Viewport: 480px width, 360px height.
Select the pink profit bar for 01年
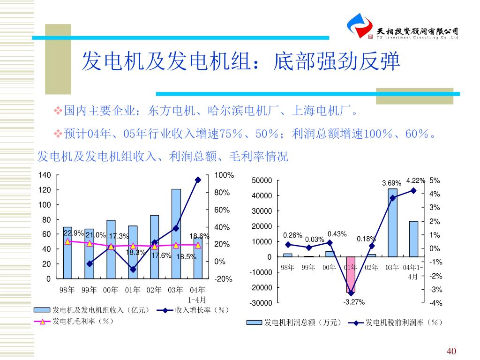tap(351, 274)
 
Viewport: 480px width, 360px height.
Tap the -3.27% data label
tap(354, 302)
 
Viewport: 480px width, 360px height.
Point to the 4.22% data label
tap(415, 180)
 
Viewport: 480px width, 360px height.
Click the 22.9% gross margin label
tap(74, 233)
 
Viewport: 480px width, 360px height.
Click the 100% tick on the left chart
tap(224, 175)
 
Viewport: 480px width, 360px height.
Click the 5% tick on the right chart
tap(435, 180)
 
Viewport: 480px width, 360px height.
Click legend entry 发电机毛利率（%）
tap(82, 321)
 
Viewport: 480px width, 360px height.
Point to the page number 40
tap(451, 352)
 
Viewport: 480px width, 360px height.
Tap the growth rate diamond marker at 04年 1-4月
tap(198, 180)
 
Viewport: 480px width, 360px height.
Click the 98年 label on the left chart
tap(67, 290)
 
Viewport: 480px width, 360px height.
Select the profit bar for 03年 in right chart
tap(392, 223)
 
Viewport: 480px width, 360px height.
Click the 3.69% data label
tap(391, 183)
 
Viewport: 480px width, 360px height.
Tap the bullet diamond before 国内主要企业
tap(59, 111)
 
